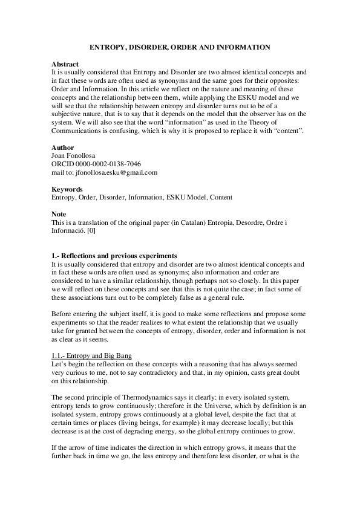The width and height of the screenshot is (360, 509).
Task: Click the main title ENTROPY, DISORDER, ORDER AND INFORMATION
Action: (x=180, y=47)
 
